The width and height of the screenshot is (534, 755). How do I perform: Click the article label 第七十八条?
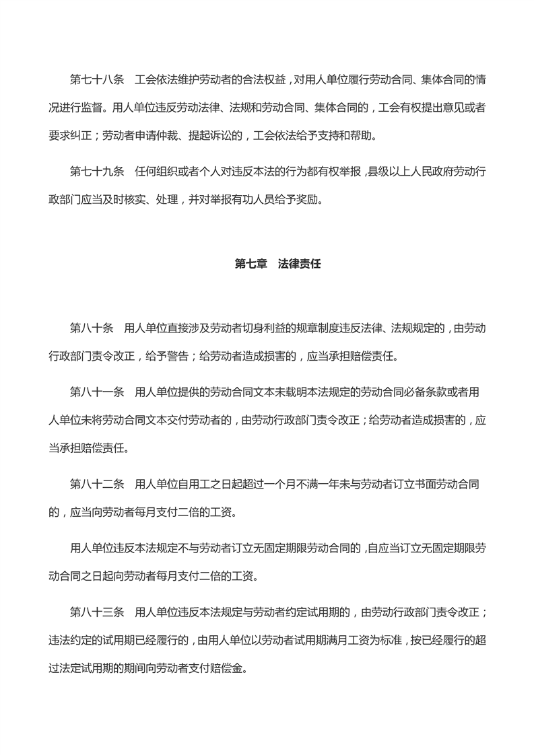tap(97, 79)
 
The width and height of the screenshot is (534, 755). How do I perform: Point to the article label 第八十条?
tap(92, 328)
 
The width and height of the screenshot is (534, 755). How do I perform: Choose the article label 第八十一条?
tap(97, 390)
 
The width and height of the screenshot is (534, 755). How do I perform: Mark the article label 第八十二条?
tap(97, 483)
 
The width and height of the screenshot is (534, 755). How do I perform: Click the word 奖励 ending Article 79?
tap(312, 201)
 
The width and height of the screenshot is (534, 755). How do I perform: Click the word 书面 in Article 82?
tap(426, 483)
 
